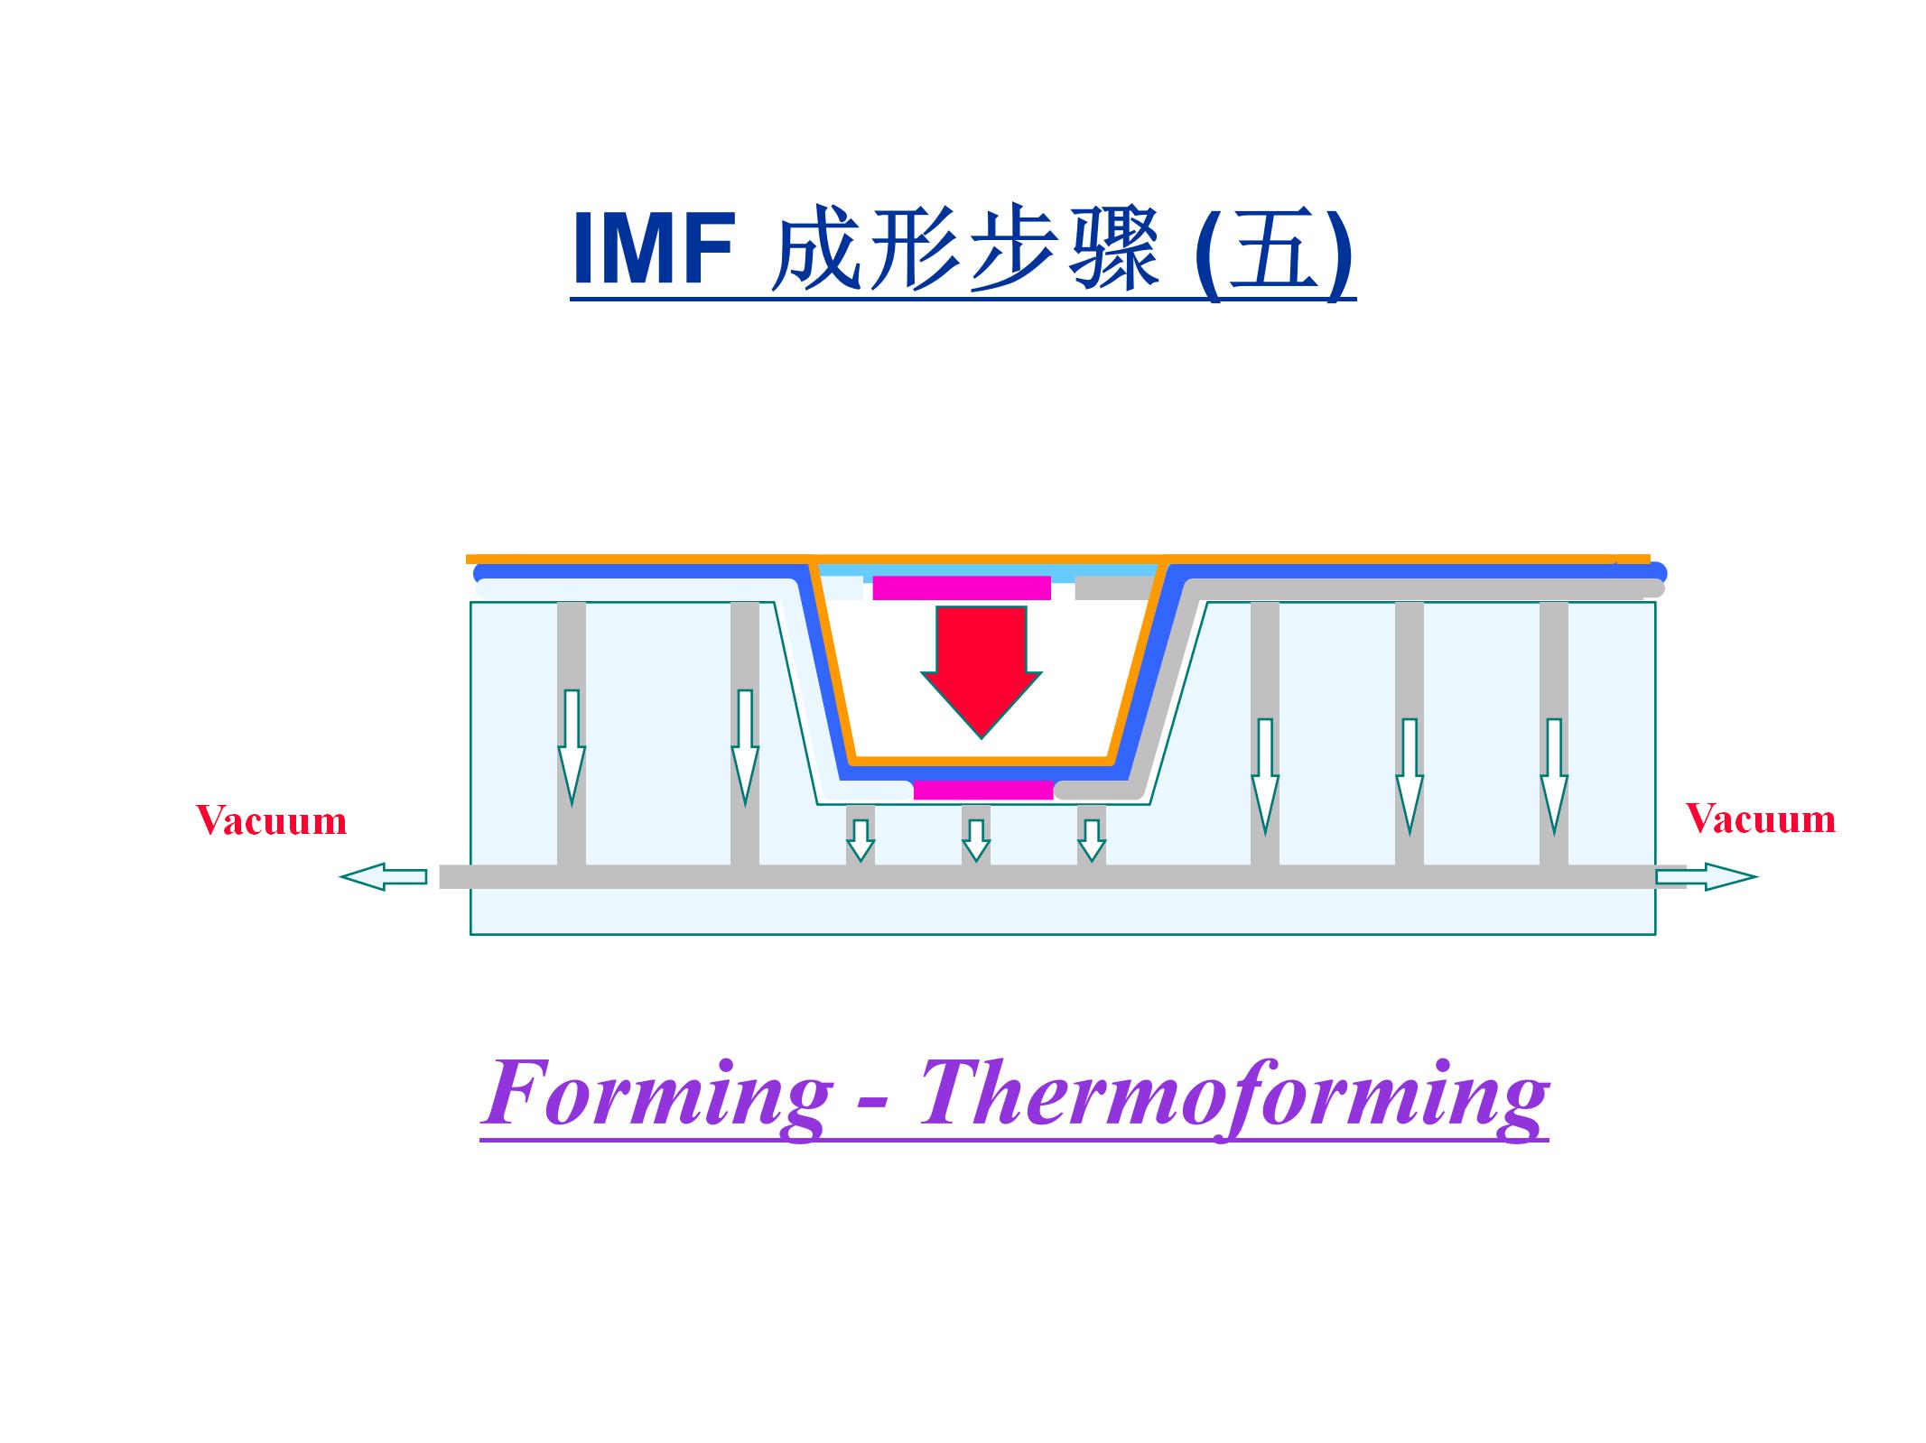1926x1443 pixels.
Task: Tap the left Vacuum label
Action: [272, 821]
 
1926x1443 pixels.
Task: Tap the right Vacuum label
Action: [1761, 819]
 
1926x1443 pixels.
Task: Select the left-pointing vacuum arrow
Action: [383, 876]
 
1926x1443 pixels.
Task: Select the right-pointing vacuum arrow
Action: [1706, 876]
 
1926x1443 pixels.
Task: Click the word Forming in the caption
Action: [656, 1095]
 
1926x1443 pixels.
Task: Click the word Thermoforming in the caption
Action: [1233, 1095]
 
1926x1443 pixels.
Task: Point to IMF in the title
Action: [653, 250]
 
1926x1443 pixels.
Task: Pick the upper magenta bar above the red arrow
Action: [961, 588]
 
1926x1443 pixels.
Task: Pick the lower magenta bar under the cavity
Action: [983, 791]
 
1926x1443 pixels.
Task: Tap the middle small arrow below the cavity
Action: [976, 839]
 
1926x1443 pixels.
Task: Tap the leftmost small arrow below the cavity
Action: [861, 839]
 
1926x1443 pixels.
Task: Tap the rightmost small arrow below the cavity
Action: [1092, 839]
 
